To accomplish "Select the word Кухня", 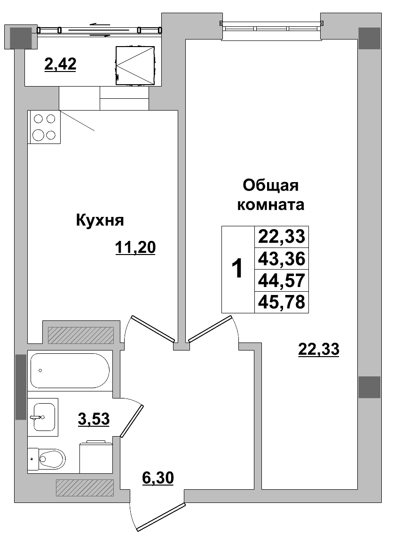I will click(99, 220).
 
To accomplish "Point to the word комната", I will click(271, 205).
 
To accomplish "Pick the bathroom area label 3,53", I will click(94, 418).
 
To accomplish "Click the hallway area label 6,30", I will click(158, 478).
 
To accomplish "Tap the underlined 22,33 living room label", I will click(319, 350).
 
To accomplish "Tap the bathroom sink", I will click(43, 417).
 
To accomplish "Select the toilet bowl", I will click(51, 457).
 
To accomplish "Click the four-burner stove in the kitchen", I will click(44, 127).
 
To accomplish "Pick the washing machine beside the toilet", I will click(96, 457).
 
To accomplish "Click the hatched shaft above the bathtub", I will click(81, 335).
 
